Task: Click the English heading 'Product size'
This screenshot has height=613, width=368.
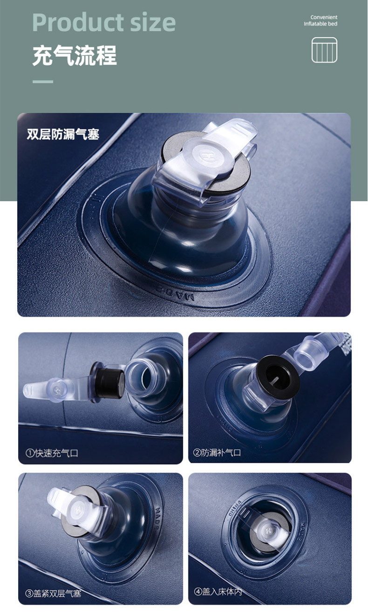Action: pos(104,22)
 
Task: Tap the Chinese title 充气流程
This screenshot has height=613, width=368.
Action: pos(75,55)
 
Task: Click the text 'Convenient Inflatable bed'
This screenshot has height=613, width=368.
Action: pos(320,20)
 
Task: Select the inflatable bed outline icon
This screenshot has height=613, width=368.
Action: pos(324,50)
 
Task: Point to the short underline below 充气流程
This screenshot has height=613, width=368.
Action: pos(43,82)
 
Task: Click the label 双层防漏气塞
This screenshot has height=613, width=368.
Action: pos(63,134)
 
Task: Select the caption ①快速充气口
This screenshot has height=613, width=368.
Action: pos(52,453)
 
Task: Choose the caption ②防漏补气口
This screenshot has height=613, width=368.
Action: pos(217,452)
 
